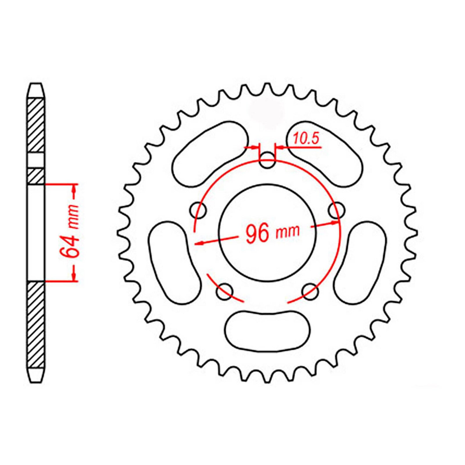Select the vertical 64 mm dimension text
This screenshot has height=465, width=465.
(70, 231)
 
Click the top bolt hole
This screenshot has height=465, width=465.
(267, 160)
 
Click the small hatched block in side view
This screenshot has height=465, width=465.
(36, 176)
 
